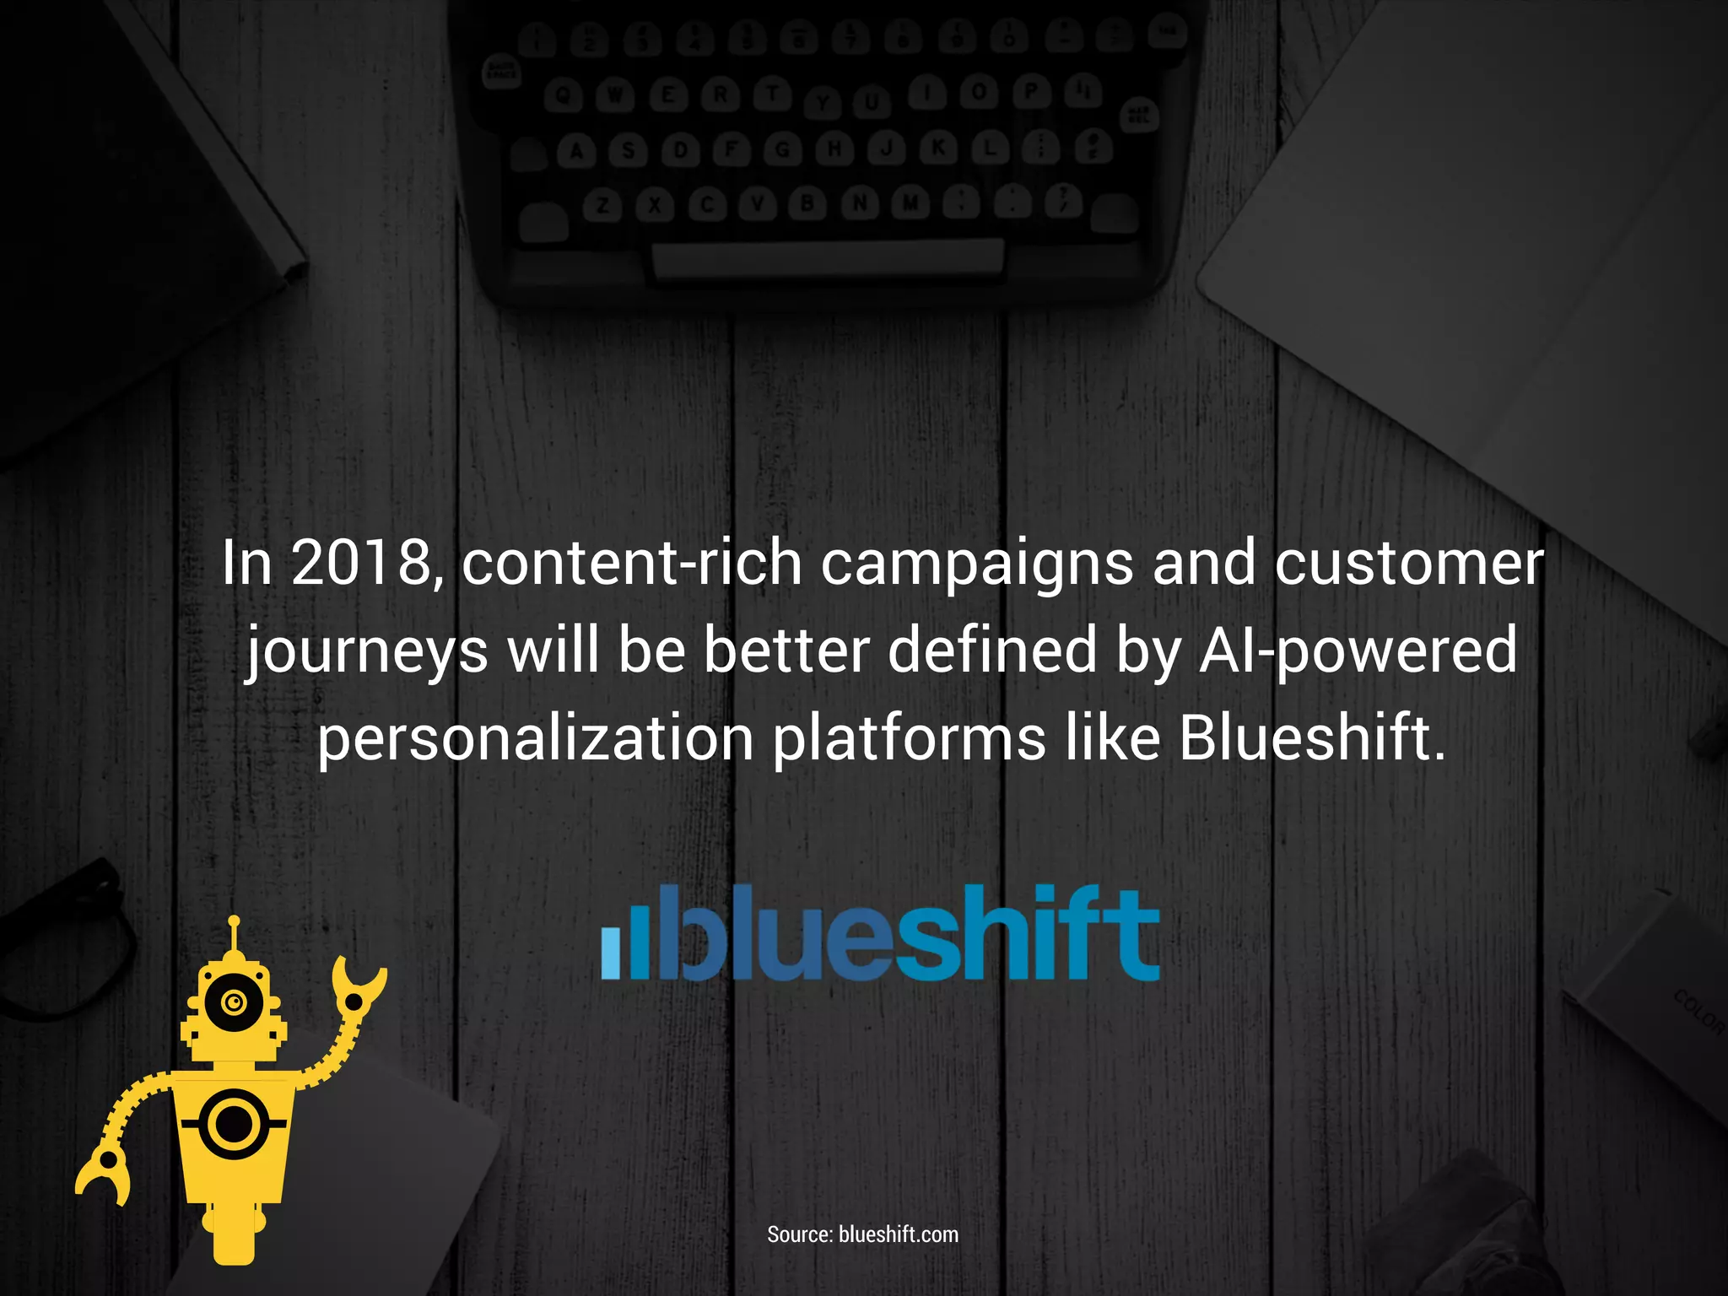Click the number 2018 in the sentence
click(x=362, y=564)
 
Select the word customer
click(x=1408, y=564)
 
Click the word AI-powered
click(x=1358, y=652)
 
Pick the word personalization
click(x=535, y=739)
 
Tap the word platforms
click(x=909, y=739)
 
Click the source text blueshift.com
click(x=899, y=1234)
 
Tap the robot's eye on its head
click(x=235, y=1002)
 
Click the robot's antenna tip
click(x=235, y=921)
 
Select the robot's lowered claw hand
click(x=105, y=1174)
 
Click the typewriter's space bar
click(x=827, y=257)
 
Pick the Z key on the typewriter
click(x=602, y=205)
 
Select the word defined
click(x=991, y=651)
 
